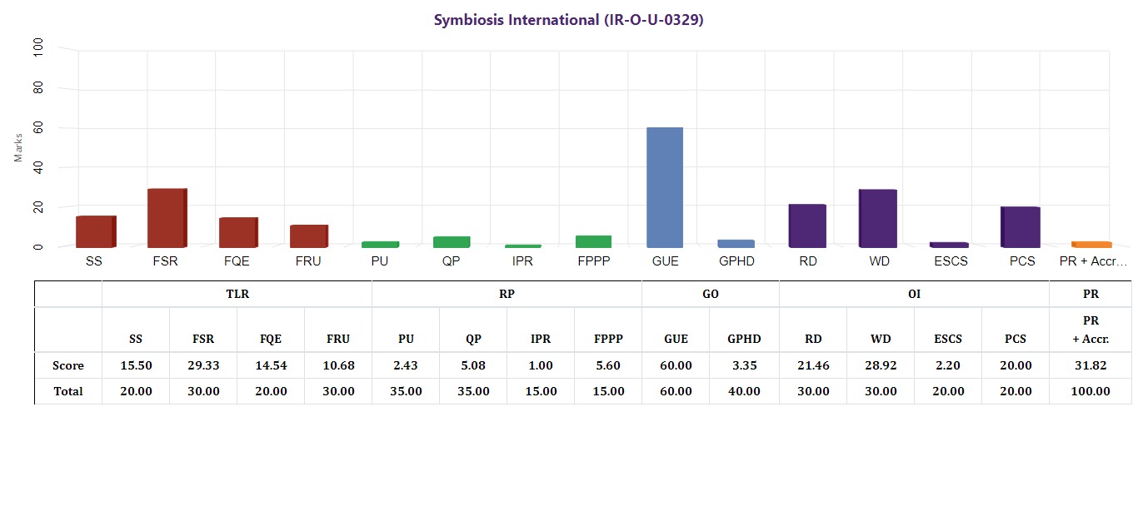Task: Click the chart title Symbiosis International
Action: click(x=569, y=20)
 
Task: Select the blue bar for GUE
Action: click(x=665, y=187)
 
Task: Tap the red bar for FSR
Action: click(x=167, y=218)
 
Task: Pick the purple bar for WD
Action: click(x=878, y=218)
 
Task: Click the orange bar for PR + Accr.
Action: click(x=1091, y=244)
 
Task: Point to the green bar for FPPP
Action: click(x=593, y=241)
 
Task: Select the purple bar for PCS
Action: click(x=1021, y=226)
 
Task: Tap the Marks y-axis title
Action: click(x=19, y=146)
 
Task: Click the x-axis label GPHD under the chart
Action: click(x=736, y=261)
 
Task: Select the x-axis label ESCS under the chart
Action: click(x=950, y=261)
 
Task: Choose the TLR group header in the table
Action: click(x=237, y=294)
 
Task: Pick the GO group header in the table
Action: click(x=711, y=294)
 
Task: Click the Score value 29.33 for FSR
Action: click(x=203, y=365)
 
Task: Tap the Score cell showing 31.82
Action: click(x=1091, y=365)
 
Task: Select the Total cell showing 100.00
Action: click(x=1091, y=391)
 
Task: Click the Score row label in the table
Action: click(x=68, y=365)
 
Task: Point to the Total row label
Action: click(x=68, y=391)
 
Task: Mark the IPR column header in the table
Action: click(x=541, y=340)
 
